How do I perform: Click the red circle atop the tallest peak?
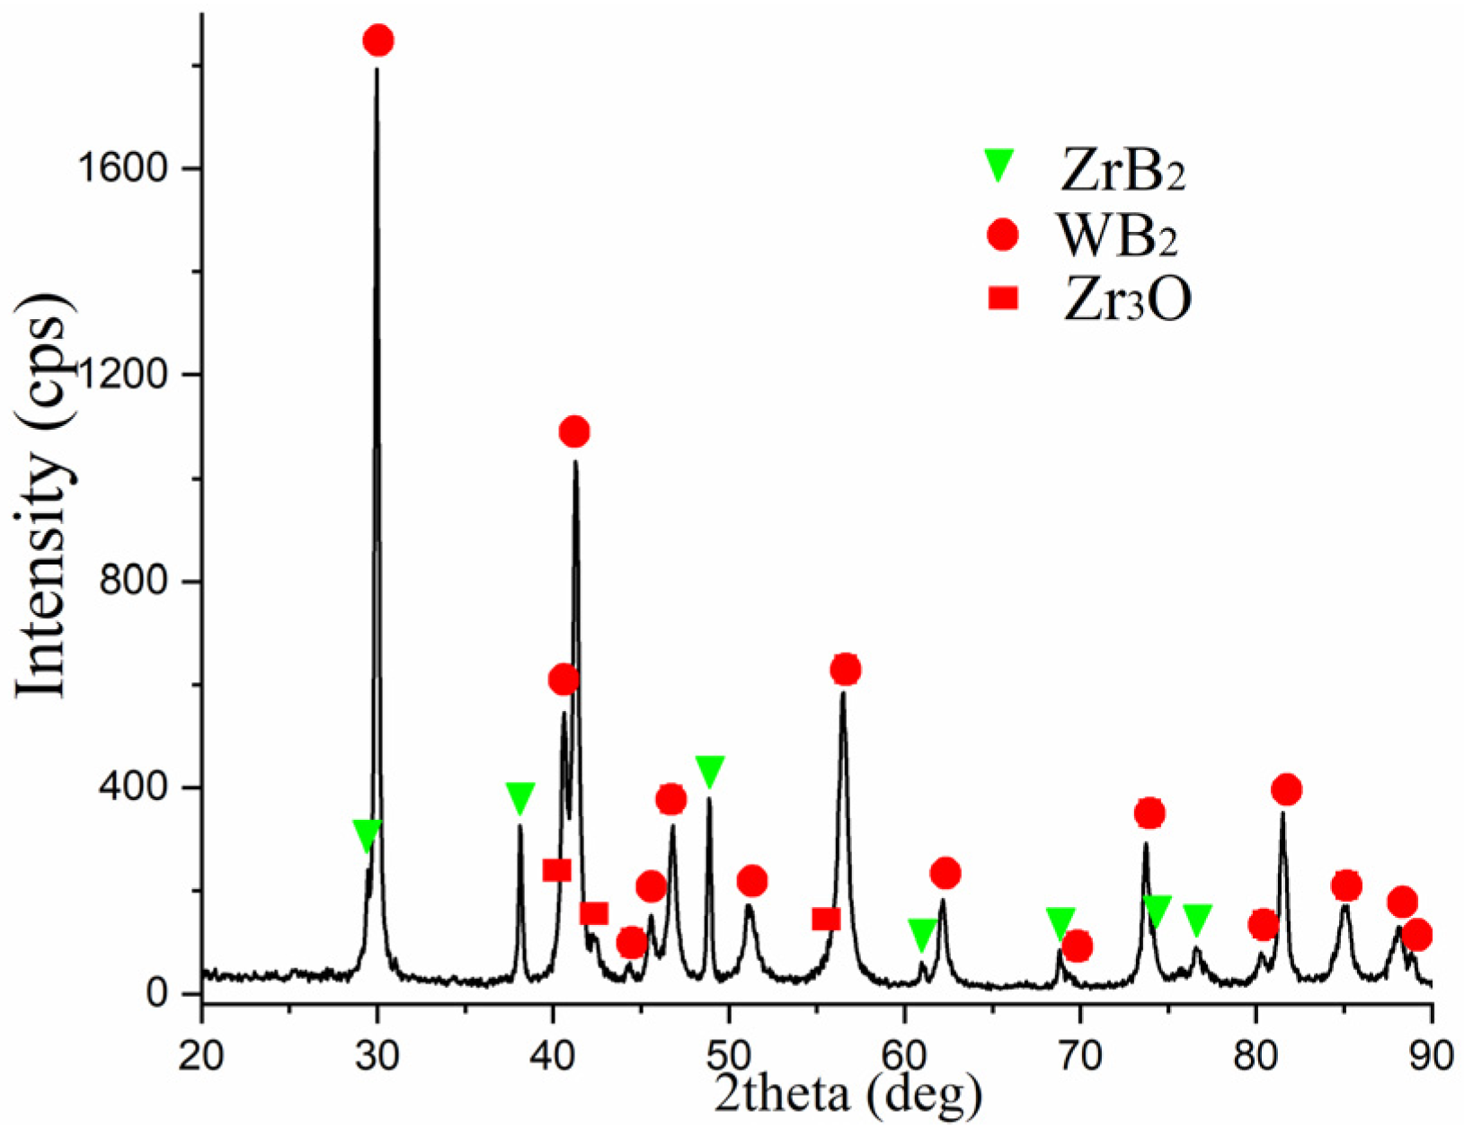point(378,40)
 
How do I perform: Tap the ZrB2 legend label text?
point(1122,171)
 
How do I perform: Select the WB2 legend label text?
point(1117,236)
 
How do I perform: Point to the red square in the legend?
point(1002,298)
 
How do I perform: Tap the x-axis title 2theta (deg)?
point(848,1094)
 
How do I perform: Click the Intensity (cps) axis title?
point(42,508)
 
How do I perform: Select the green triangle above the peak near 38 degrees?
point(520,796)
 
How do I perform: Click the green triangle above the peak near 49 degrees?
point(710,770)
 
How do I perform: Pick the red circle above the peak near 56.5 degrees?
point(845,670)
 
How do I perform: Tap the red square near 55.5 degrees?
point(826,919)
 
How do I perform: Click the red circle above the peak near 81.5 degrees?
point(1286,790)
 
